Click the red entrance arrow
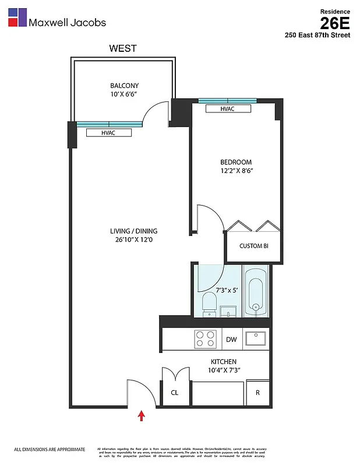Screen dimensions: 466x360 [140, 415]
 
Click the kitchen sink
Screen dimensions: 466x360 [255, 338]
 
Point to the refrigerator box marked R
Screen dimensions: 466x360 [257, 393]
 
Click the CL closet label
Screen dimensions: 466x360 [174, 393]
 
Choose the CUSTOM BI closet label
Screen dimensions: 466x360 [254, 246]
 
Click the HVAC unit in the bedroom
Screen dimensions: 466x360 [228, 109]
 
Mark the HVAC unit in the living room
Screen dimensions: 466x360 [109, 133]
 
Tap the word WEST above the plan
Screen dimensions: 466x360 [123, 48]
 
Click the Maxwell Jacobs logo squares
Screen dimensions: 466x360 [17, 17]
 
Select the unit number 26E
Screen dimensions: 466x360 [334, 23]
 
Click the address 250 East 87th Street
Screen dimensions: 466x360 [317, 35]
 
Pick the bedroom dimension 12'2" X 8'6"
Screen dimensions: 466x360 [236, 171]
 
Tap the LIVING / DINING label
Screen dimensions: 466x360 [133, 231]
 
